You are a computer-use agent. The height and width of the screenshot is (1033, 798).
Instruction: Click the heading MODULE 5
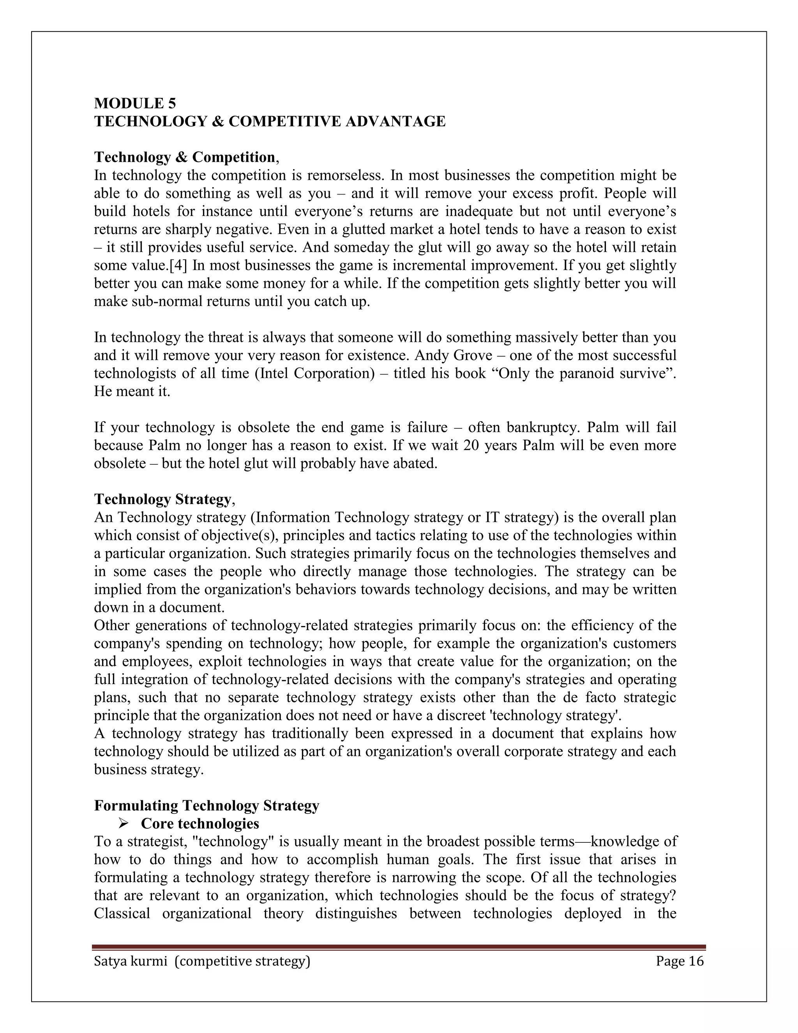(135, 103)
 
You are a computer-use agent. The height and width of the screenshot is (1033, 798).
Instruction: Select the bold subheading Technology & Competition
(184, 157)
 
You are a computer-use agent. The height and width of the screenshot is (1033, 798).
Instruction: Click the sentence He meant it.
(132, 391)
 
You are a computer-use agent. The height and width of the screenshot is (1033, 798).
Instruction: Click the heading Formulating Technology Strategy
(207, 805)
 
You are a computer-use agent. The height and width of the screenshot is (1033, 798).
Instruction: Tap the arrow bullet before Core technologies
(124, 823)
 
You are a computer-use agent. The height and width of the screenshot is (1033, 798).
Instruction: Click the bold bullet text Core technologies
(200, 823)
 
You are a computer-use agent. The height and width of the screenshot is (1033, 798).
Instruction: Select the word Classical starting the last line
(122, 913)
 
